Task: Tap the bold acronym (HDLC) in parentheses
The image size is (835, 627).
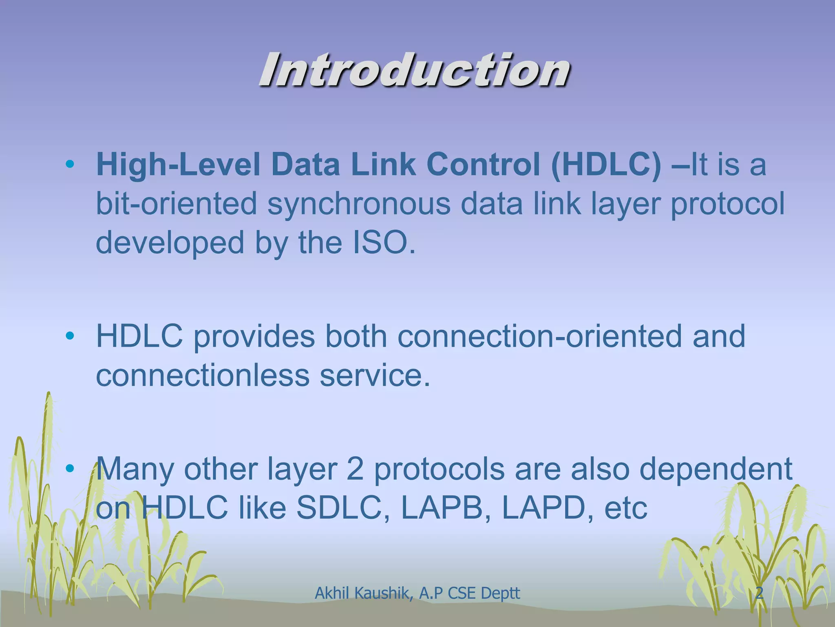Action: [x=605, y=165]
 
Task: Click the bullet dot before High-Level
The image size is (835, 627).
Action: [x=70, y=165]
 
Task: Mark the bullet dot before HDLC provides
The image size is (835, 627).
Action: [x=70, y=336]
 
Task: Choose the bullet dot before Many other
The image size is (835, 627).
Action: [x=70, y=469]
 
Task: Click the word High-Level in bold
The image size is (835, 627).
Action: [x=178, y=165]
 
